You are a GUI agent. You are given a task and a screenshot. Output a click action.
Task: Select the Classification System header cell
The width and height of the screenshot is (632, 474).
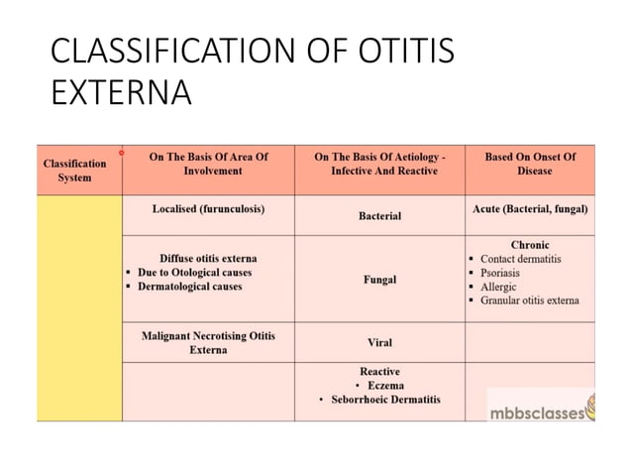point(74,171)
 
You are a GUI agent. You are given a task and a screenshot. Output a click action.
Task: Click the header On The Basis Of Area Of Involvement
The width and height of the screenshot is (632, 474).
point(208,164)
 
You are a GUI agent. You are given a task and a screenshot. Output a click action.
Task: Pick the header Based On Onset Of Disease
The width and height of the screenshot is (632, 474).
point(530,164)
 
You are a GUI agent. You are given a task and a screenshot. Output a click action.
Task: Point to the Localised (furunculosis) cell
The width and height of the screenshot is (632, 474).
point(208,209)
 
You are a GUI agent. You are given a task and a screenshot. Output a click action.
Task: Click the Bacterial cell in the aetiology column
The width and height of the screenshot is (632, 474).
point(379,215)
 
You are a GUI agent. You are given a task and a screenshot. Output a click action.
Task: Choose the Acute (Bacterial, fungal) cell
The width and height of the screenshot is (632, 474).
point(530,209)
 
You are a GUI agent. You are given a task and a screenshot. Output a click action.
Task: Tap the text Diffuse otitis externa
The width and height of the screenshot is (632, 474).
point(208,259)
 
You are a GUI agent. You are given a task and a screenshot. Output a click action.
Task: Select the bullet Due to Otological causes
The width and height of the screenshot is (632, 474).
point(194,273)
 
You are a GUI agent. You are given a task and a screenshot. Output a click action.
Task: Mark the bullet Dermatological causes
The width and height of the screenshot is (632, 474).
point(189,287)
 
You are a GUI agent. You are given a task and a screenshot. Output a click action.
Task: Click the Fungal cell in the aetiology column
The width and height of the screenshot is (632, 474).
point(379,280)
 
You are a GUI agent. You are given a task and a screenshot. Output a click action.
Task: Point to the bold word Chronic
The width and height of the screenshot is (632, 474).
point(530,245)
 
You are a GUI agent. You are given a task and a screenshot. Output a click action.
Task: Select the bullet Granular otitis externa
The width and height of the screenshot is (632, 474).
point(530,300)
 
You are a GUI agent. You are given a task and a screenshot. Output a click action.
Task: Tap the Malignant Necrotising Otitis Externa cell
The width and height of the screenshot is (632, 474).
point(208,343)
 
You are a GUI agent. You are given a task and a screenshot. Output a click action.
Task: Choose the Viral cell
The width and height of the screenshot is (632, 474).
point(379,343)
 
